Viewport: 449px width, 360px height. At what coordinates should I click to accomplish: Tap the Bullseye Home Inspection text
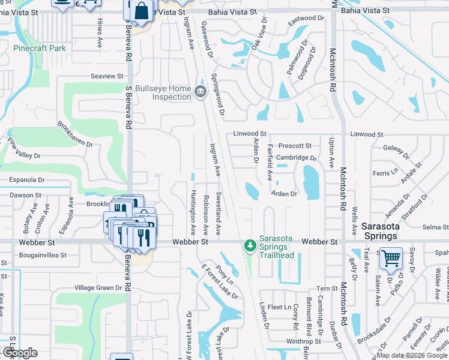(163, 92)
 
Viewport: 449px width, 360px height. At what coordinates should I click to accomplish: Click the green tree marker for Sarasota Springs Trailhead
(249, 245)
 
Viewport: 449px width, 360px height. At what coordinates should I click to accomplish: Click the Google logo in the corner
(19, 353)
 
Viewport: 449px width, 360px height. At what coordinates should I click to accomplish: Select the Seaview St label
(106, 76)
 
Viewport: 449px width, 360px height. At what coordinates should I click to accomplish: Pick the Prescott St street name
(295, 145)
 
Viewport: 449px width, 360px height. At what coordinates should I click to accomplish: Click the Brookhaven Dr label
(75, 136)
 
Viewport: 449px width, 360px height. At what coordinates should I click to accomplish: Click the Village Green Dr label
(98, 288)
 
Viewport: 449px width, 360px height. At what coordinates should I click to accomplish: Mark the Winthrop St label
(304, 341)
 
